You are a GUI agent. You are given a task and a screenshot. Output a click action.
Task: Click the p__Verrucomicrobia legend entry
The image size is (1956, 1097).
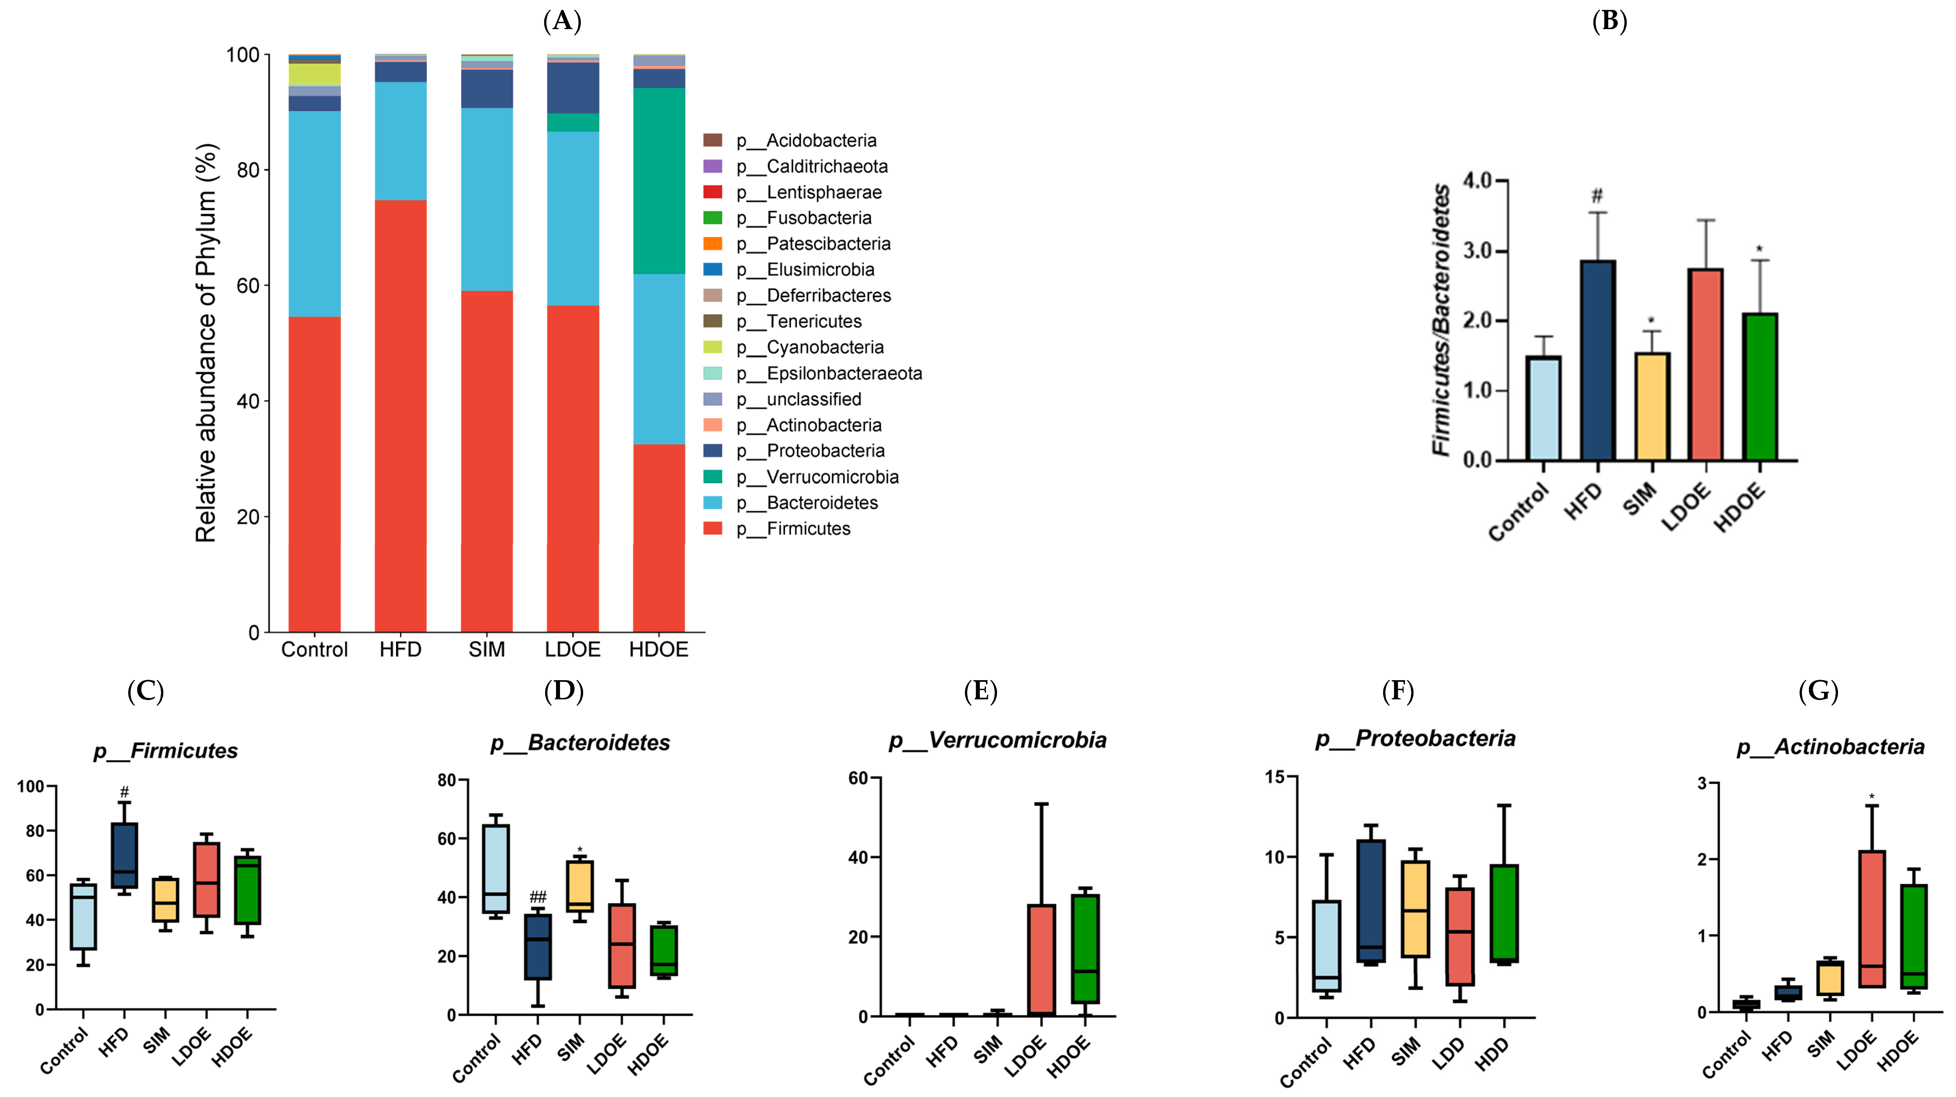(x=831, y=477)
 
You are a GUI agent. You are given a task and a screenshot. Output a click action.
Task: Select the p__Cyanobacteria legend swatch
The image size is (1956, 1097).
(x=712, y=347)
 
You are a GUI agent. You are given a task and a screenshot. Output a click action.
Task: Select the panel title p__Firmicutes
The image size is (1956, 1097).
(x=166, y=751)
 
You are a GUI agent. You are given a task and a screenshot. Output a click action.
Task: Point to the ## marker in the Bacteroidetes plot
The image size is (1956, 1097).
(x=538, y=897)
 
